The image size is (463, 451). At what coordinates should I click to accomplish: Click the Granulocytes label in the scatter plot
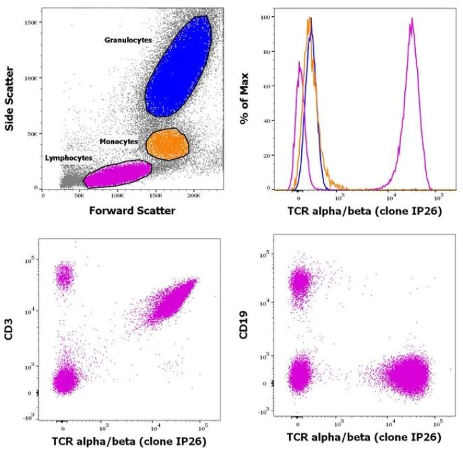[128, 40]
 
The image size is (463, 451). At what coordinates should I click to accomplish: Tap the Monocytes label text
[118, 142]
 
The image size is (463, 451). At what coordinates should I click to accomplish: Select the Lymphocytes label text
[68, 158]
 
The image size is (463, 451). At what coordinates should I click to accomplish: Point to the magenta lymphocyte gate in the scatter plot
[116, 174]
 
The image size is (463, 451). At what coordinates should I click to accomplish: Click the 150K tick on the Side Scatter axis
[32, 22]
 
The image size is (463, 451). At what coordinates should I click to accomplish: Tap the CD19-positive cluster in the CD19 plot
[300, 282]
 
